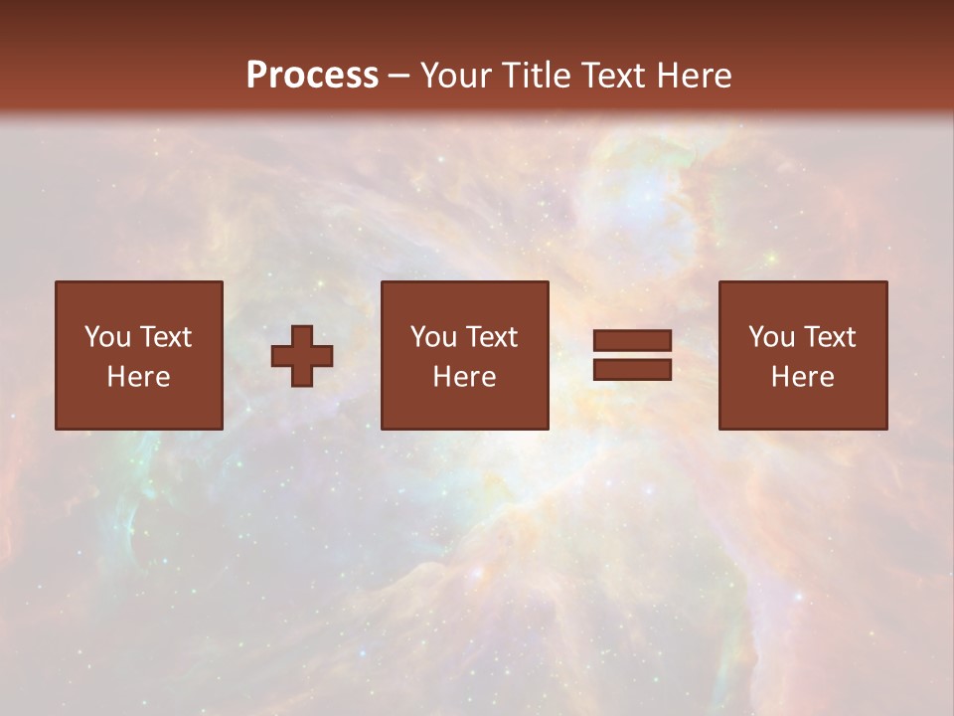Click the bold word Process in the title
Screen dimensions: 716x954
[x=312, y=76]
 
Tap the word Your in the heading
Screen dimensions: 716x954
[x=456, y=76]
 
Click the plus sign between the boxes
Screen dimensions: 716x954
[x=302, y=356]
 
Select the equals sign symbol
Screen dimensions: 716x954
[x=632, y=355]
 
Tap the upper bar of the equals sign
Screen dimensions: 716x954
[x=632, y=342]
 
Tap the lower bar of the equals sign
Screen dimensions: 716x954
[x=632, y=369]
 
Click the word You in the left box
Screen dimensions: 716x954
[x=107, y=337]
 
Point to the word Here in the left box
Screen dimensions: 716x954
[x=139, y=377]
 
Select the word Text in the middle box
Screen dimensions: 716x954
[x=492, y=337]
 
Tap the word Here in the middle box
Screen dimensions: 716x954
[x=465, y=377]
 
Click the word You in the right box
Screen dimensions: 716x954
[x=771, y=337]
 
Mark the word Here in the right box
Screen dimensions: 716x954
[x=803, y=377]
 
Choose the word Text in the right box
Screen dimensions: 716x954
[x=830, y=337]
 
